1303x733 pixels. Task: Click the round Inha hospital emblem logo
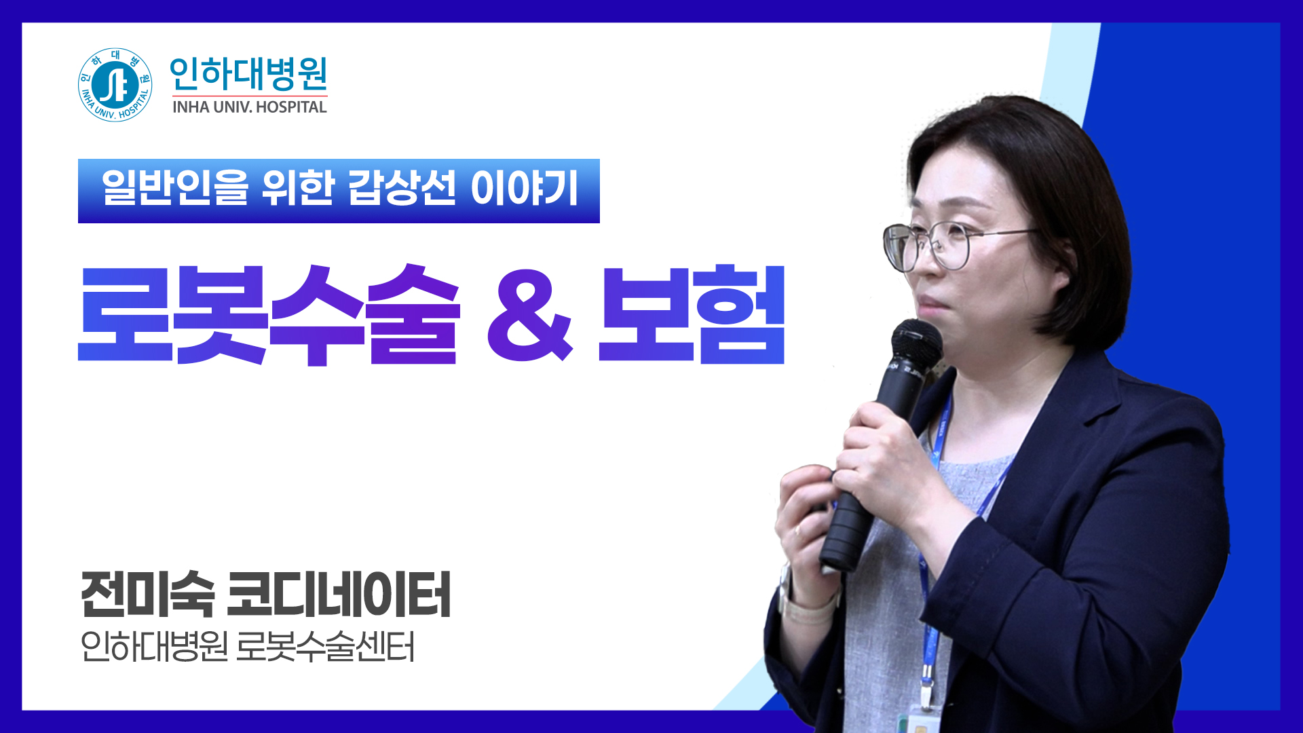[115, 85]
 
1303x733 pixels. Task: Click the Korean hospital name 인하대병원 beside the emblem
[248, 73]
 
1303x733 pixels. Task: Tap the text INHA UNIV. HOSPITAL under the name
[249, 107]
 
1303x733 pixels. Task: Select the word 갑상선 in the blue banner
[401, 189]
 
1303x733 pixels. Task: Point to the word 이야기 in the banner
[524, 189]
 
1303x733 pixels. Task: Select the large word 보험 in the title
[692, 315]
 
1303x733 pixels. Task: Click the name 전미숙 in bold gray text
[147, 595]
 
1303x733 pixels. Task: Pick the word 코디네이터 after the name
[339, 595]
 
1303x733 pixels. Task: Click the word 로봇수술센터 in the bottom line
[325, 647]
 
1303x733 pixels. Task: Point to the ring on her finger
[798, 530]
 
